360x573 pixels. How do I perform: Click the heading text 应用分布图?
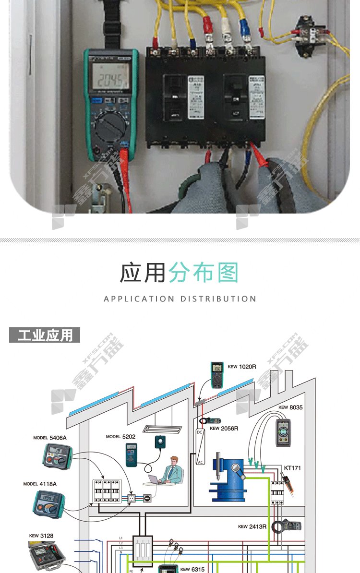tap(179, 273)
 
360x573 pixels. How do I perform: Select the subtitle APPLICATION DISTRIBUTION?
tap(180, 298)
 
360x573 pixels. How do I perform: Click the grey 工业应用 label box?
tap(45, 335)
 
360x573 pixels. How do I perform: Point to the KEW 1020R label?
tap(242, 367)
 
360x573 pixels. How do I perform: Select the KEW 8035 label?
tap(290, 407)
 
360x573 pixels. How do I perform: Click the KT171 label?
tap(292, 467)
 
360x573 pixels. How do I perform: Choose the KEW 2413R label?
tap(252, 526)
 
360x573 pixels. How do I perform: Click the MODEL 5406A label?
tap(50, 438)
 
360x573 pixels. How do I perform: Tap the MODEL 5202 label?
tap(120, 437)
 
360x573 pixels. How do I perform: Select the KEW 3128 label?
tap(40, 536)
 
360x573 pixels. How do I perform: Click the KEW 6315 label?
tap(192, 569)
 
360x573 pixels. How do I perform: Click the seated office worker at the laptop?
tap(171, 470)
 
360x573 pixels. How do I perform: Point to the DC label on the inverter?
tap(200, 432)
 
